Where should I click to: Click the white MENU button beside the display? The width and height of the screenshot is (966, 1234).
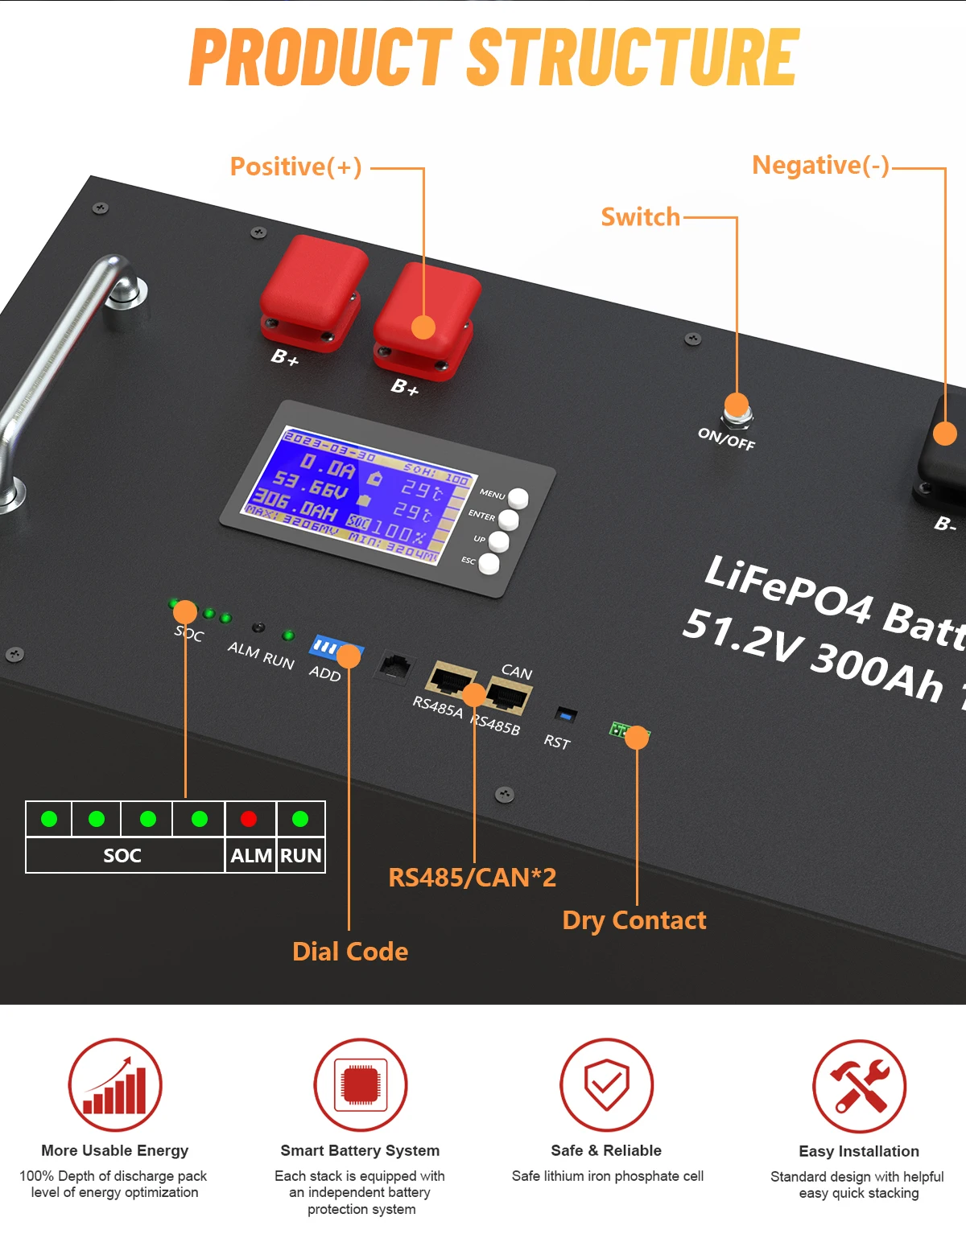point(518,499)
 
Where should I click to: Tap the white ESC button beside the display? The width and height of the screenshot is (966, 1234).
point(489,563)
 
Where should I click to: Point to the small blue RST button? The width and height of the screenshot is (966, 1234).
point(566,714)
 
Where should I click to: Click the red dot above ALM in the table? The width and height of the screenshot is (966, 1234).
point(249,819)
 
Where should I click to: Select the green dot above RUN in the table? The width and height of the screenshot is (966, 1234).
point(300,819)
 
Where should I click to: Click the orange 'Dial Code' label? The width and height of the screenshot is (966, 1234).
point(350,952)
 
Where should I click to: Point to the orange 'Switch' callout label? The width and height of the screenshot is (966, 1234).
point(640,217)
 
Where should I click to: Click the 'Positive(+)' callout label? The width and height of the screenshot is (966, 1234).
point(295,167)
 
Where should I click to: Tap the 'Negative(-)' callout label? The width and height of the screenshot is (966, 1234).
point(820,165)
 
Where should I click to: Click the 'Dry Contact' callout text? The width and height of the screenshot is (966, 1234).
point(634,920)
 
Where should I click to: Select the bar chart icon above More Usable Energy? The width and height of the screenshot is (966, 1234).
point(115,1085)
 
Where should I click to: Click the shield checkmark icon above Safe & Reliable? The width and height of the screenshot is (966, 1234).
point(606,1085)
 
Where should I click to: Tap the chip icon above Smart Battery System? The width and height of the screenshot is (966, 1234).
point(360,1085)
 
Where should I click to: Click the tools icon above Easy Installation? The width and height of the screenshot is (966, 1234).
point(859,1086)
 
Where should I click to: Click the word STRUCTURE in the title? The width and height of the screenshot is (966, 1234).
point(633,57)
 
